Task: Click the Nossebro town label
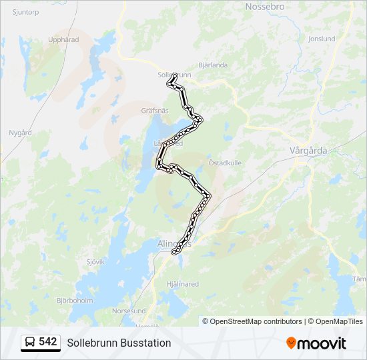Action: (265, 6)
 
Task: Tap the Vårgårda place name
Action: (308, 150)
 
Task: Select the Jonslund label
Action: (322, 39)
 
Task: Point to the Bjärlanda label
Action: (213, 65)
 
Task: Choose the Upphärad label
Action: (63, 39)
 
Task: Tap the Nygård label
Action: (20, 133)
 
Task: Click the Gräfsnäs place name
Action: (155, 110)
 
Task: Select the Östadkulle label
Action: (225, 163)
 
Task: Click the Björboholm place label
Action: (74, 301)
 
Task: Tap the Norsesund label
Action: (129, 311)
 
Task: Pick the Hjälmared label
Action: (181, 284)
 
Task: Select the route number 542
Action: (48, 342)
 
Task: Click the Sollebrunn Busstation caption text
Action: (119, 343)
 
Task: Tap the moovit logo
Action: (316, 343)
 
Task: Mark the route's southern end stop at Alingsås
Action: (175, 252)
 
